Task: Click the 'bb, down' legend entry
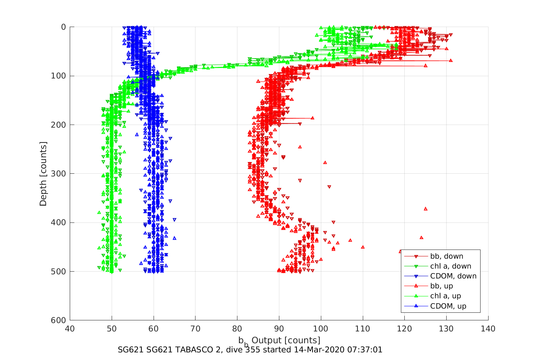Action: tap(446, 256)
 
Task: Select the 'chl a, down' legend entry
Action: tap(450, 266)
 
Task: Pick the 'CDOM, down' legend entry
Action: tap(453, 276)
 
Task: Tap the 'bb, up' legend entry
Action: tap(441, 286)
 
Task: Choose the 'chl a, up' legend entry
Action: tap(445, 296)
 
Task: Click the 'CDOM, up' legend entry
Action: tap(448, 306)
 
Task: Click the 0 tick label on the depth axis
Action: tap(63, 27)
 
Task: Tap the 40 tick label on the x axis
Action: tap(70, 329)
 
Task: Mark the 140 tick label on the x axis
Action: tap(488, 329)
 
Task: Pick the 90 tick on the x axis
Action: tap(279, 329)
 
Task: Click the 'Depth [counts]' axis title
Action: tap(43, 174)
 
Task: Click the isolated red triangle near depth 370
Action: tap(426, 209)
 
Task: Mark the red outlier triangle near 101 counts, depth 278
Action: tap(325, 162)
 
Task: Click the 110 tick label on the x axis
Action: tap(362, 329)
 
